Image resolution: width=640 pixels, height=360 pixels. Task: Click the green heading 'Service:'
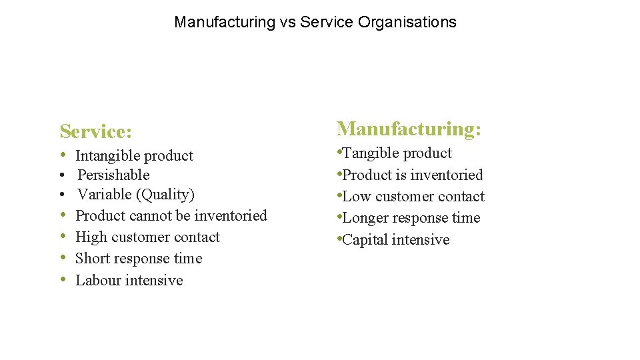(x=95, y=131)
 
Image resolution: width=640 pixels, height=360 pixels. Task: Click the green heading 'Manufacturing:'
(x=409, y=129)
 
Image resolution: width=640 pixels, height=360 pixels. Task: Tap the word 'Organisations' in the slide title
(x=407, y=22)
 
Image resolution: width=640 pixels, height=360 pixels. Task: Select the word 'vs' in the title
(x=287, y=22)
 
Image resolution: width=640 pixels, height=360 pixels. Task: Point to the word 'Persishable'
(x=113, y=175)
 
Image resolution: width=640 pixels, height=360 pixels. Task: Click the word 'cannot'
(x=150, y=215)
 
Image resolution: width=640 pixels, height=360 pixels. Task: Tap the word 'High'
(x=91, y=237)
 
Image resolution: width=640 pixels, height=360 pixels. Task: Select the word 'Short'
(x=93, y=259)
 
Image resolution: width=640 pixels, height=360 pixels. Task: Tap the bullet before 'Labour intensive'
(x=62, y=280)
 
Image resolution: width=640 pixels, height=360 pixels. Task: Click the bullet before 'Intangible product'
(x=62, y=155)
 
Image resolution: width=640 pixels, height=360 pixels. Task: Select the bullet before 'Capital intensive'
(x=339, y=239)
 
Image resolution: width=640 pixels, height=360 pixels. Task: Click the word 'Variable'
(x=104, y=195)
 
